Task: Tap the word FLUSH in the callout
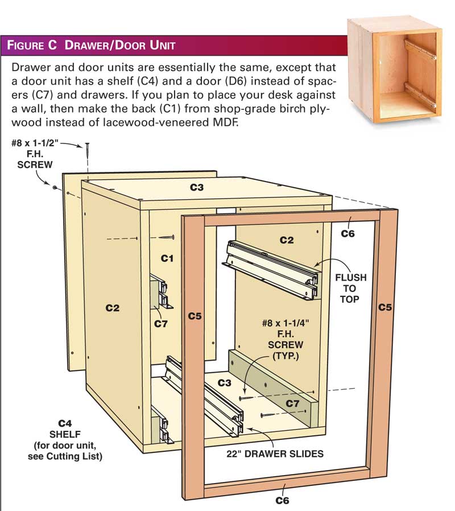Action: pos(351,278)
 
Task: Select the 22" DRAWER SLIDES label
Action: pos(275,454)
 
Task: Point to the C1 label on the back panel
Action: pos(167,258)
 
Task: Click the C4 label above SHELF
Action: pos(65,423)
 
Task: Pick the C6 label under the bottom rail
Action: pos(282,500)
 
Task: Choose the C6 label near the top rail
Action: pos(348,234)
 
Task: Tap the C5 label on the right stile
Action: pos(385,307)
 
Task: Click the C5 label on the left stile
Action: pos(195,316)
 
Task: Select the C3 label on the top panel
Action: pos(197,187)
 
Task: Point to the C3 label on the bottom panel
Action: pos(225,383)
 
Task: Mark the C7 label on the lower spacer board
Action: pos(292,404)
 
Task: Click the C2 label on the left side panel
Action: pos(113,308)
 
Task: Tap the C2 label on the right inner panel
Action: pos(287,240)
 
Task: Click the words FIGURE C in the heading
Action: pos(32,45)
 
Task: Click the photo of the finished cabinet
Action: pos(394,69)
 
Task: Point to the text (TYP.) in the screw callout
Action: pos(286,356)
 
